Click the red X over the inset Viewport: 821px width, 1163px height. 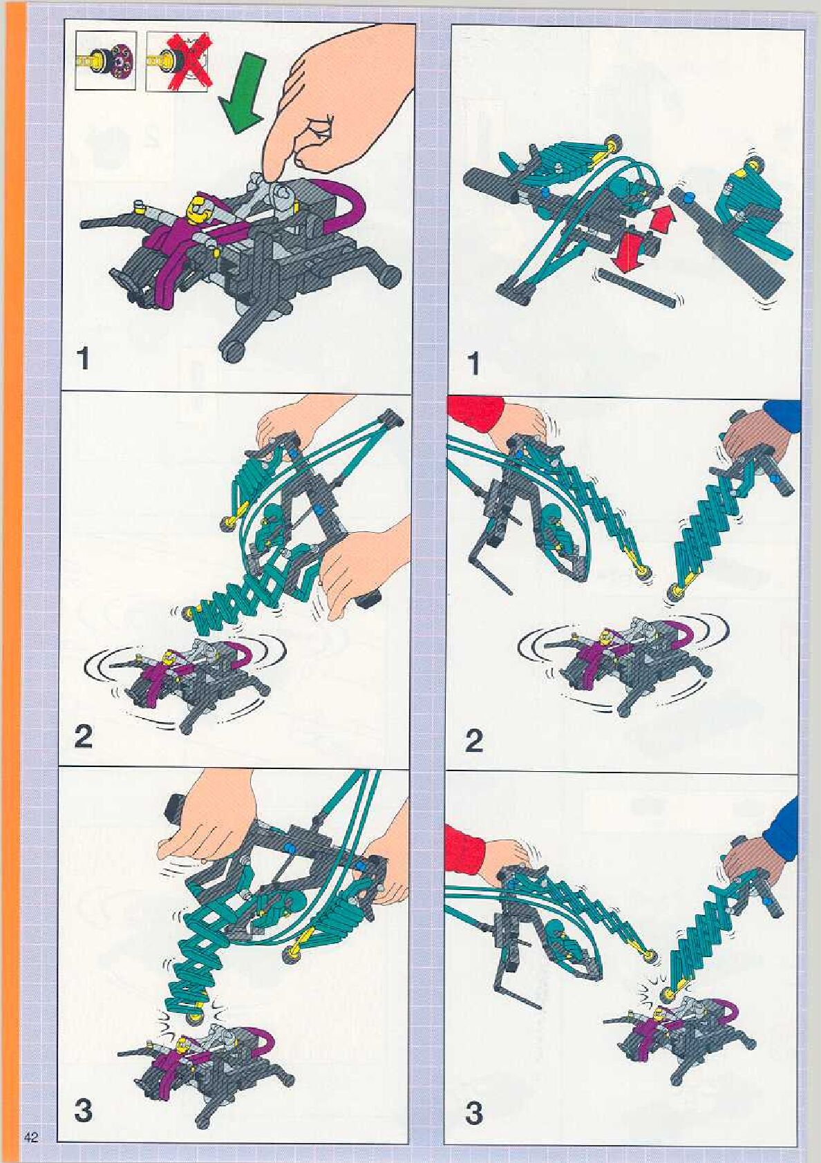click(187, 61)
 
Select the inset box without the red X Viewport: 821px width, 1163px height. click(106, 60)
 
